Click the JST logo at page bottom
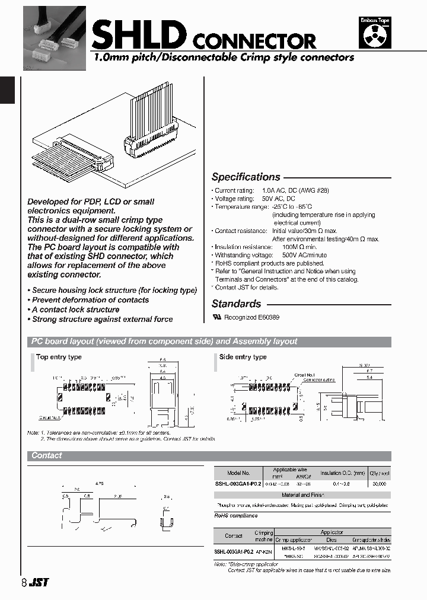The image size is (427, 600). point(40,583)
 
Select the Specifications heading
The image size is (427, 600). point(246,177)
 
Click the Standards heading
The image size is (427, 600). point(236,304)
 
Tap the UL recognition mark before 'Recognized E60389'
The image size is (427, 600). point(216,317)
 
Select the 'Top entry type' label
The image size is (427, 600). point(59,357)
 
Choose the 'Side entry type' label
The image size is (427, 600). point(243,357)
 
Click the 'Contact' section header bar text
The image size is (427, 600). point(47,455)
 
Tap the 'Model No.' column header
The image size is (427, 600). point(238,473)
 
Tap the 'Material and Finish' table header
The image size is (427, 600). point(302,494)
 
